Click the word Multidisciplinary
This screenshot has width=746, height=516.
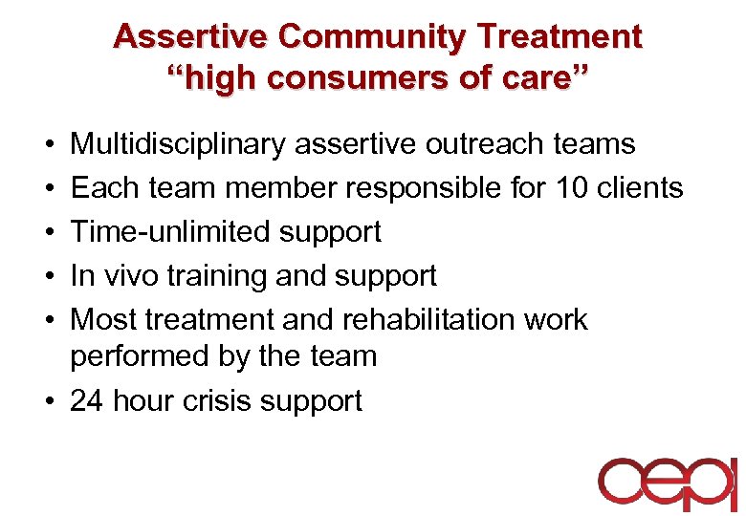(x=179, y=144)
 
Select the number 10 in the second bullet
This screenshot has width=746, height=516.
(x=573, y=188)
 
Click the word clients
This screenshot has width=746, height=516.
(x=642, y=188)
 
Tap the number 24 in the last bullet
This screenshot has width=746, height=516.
(x=87, y=400)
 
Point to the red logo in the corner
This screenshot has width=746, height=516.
(x=668, y=484)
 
